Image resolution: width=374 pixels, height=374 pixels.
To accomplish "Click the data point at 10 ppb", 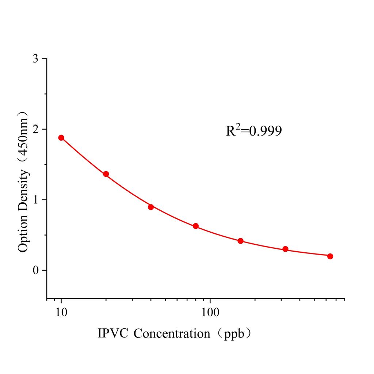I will click(61, 138).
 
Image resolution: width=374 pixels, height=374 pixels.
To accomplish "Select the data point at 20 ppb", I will click(106, 174).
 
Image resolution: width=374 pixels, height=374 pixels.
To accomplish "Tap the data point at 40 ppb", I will click(151, 207).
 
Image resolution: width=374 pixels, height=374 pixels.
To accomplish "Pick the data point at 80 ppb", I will click(196, 226).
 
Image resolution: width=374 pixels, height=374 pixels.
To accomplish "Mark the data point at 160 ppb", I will click(241, 241).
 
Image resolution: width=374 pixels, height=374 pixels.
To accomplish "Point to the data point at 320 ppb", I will click(285, 249).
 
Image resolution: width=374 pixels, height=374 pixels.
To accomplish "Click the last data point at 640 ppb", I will click(330, 256).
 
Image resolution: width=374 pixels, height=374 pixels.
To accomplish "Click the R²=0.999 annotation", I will click(253, 131).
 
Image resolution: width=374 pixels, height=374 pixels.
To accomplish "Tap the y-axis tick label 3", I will click(35, 59).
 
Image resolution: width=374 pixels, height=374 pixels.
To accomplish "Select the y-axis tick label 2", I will click(35, 129).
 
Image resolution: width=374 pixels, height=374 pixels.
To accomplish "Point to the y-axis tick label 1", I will click(35, 200).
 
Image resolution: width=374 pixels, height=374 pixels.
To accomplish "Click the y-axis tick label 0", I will click(35, 270).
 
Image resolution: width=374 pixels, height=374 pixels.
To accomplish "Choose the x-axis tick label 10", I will click(61, 313).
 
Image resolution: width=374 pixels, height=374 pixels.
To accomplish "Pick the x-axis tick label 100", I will click(210, 313).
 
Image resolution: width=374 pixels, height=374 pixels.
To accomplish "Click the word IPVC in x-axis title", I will click(113, 333).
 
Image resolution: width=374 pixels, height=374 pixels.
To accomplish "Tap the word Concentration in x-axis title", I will click(172, 333).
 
